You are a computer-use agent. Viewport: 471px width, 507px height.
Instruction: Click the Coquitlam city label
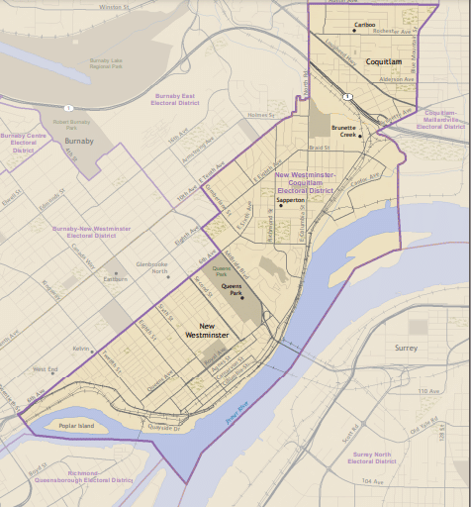coord(383,61)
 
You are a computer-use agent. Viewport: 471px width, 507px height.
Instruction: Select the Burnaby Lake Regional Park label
coord(105,63)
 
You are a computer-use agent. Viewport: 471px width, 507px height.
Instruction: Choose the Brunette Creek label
coord(344,131)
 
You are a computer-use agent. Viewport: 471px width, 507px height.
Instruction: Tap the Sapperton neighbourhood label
coord(290,199)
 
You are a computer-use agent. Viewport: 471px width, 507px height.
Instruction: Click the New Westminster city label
coord(207,331)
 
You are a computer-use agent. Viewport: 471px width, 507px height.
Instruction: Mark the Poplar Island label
coord(75,425)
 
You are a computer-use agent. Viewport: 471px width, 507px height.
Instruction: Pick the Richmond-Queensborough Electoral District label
coord(98,476)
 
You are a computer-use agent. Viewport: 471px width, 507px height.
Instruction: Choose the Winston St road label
coord(115,6)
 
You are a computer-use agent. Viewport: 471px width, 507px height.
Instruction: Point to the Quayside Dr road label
coord(165,428)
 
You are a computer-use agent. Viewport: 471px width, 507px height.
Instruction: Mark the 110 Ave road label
coord(428,392)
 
